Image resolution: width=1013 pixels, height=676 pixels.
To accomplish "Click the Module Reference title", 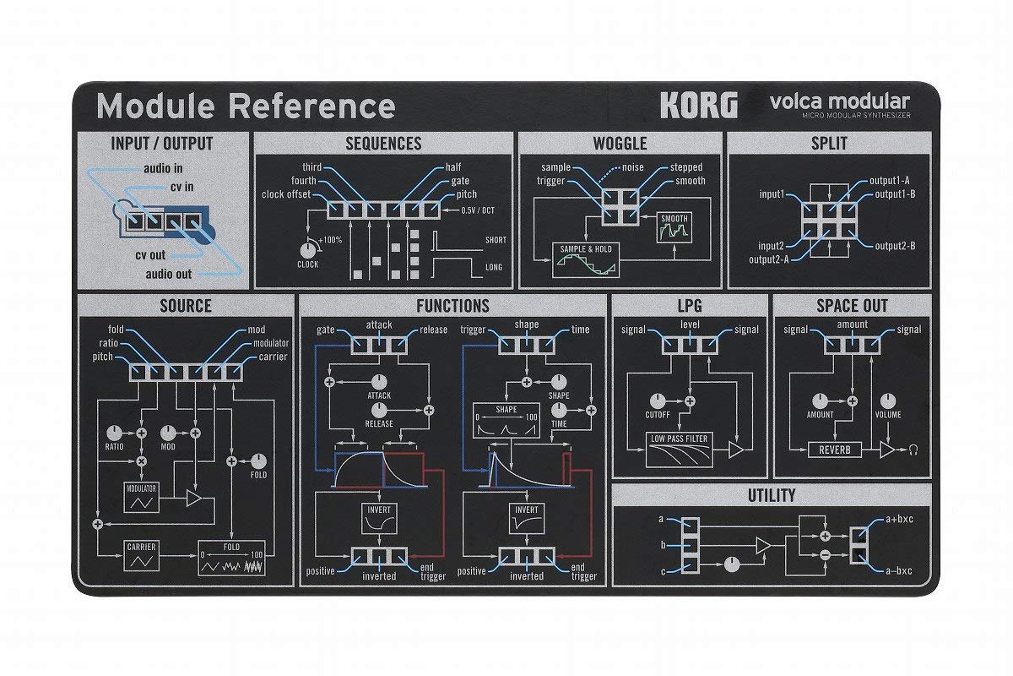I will (x=246, y=106).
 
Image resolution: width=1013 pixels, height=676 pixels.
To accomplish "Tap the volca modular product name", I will (x=839, y=101).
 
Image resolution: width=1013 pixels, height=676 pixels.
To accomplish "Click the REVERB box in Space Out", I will (x=834, y=450).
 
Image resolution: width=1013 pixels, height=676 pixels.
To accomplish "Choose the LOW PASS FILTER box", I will (x=678, y=450).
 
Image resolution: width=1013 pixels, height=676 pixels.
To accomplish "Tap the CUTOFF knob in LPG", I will (x=657, y=401).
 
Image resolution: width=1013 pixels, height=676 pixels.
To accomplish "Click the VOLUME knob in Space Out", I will (x=886, y=401).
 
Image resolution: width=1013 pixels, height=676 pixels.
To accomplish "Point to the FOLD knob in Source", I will (x=258, y=461).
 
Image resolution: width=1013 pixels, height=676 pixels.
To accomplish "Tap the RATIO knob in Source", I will (x=115, y=432).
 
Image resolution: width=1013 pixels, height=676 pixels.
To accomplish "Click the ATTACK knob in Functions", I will (x=378, y=382).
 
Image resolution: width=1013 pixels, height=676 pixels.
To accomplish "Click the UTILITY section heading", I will (x=771, y=495).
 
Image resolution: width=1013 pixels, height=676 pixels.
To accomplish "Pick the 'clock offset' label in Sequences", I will (x=286, y=194).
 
